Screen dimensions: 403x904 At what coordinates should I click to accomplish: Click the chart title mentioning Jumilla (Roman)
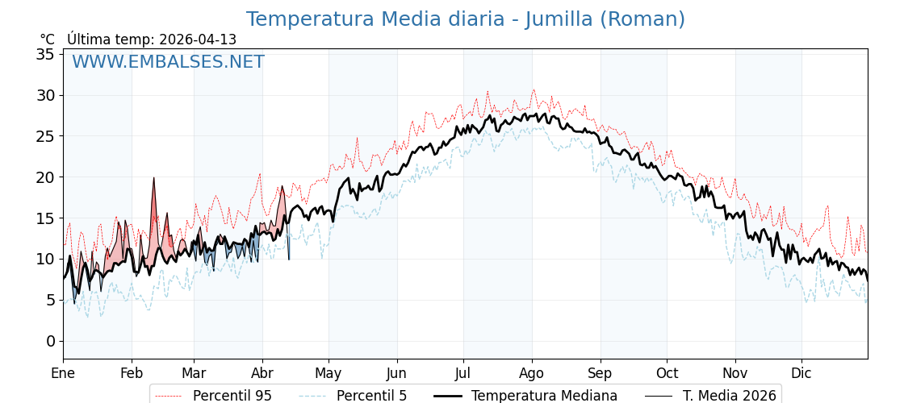click(465, 19)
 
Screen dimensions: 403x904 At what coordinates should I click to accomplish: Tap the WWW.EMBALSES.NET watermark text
click(168, 62)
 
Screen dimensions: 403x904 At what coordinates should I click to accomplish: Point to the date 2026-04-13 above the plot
click(198, 39)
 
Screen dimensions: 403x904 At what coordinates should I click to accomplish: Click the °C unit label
click(48, 39)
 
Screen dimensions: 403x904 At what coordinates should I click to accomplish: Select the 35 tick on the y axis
click(45, 55)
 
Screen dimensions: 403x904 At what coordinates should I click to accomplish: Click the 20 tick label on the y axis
click(45, 177)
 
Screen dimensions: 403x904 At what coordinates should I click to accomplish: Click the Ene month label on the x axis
click(63, 373)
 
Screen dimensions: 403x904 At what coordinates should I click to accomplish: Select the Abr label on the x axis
click(262, 373)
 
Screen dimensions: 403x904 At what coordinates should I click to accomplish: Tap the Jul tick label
click(463, 373)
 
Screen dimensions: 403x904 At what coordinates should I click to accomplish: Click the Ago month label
click(532, 373)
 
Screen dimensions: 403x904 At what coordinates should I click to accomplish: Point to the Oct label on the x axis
click(667, 373)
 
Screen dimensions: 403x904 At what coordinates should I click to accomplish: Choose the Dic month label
click(801, 373)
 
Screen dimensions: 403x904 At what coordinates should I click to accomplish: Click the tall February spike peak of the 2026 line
click(153, 179)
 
